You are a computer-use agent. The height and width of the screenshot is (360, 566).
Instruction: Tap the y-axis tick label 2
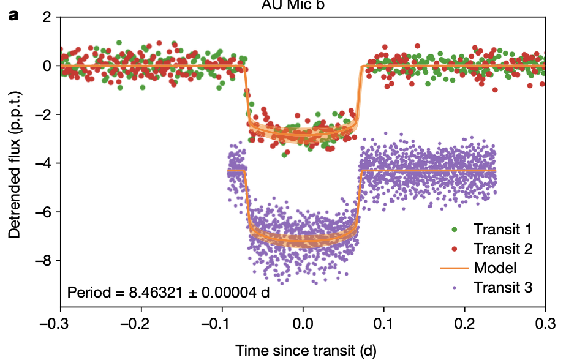(47, 17)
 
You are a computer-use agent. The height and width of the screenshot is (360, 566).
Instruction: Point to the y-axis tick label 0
(47, 66)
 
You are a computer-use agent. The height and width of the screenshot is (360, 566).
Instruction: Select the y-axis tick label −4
(43, 163)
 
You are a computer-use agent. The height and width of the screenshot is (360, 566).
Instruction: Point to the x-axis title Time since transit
(306, 350)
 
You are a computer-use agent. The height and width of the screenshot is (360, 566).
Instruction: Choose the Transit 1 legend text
(502, 230)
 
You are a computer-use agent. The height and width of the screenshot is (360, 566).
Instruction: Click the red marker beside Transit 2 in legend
(454, 249)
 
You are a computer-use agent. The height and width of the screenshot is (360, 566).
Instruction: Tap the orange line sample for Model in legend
(454, 268)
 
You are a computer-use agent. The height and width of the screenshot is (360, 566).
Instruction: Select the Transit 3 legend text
(502, 287)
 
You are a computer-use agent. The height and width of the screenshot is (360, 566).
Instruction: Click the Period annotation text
(168, 291)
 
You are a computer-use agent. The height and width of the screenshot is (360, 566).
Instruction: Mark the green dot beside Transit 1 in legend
(454, 230)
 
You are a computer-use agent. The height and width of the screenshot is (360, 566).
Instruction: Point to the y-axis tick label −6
(43, 212)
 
